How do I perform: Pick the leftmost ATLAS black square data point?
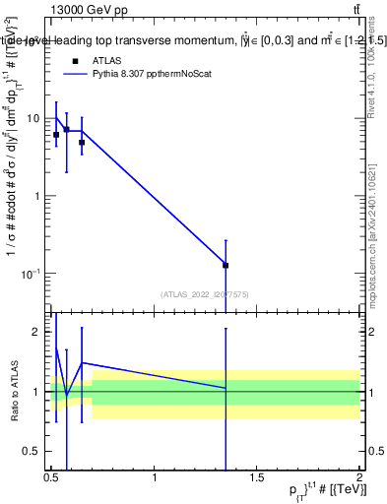tap(56, 135)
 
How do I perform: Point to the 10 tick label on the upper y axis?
tap(33, 118)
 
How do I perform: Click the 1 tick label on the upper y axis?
tap(36, 195)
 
